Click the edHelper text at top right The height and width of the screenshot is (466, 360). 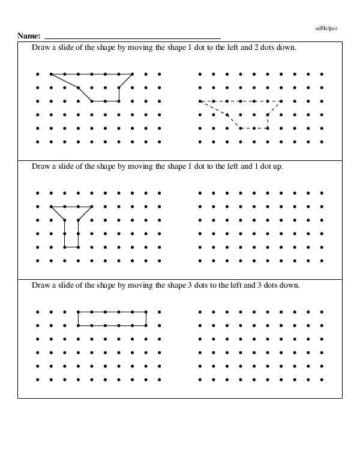coord(326,28)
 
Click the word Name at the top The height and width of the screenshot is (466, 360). coord(28,37)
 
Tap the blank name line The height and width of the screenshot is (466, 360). coord(132,38)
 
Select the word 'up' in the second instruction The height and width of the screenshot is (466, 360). coord(278,166)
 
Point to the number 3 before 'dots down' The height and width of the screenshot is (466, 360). coord(262,285)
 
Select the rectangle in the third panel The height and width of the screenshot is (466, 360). coord(112,319)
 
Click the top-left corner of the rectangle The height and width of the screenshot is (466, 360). coord(78,312)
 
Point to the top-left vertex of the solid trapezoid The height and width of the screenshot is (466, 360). coord(51,74)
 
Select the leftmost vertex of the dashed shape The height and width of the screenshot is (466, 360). coord(200,101)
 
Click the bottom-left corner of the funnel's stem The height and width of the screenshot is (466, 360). coord(65,247)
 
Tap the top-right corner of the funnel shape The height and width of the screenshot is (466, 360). coord(92,207)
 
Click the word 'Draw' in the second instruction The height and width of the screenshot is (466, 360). coord(39,166)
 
